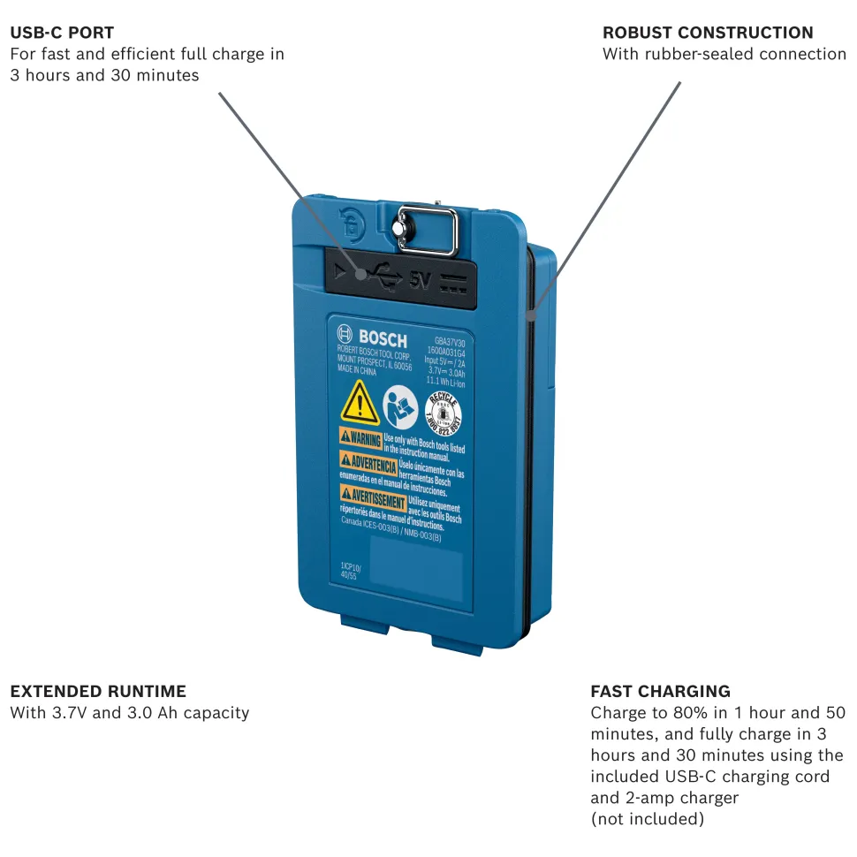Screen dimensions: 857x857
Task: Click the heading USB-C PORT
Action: (62, 34)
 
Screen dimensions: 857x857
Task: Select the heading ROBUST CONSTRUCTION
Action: (708, 34)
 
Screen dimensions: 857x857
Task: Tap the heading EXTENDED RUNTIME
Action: (98, 691)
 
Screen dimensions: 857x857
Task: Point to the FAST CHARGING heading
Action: (660, 691)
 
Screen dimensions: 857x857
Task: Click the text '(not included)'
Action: (647, 819)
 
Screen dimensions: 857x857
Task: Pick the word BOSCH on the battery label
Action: (382, 338)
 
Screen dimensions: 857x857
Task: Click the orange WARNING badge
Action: (360, 439)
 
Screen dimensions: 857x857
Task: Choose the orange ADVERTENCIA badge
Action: (368, 463)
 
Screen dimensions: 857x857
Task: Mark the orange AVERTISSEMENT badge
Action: (373, 497)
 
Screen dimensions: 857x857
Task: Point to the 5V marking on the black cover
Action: (419, 282)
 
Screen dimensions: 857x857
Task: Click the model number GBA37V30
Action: (450, 341)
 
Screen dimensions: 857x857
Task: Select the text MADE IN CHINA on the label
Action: (357, 372)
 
